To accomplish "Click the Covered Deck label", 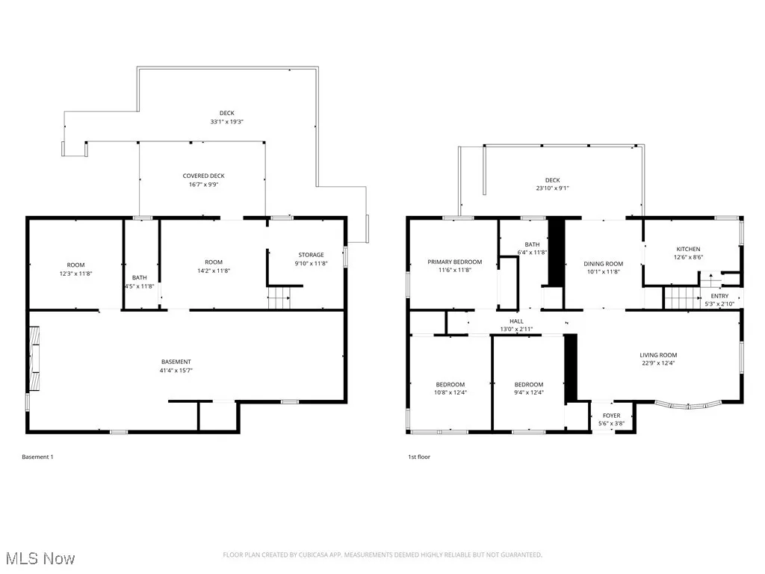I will point(203,176).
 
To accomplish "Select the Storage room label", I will point(311,255).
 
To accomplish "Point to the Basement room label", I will point(176,362).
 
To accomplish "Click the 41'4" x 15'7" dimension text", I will point(176,371).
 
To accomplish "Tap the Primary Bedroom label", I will point(454,262).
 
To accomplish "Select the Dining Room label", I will point(603,264).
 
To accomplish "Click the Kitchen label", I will point(688,249).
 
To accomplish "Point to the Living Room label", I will point(657,355).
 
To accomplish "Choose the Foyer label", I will point(610,416).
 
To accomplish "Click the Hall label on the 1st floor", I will point(516,321).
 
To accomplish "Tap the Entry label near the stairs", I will point(719,296).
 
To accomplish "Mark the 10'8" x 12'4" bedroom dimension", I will point(450,392).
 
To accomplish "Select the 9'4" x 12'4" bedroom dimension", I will point(528,392).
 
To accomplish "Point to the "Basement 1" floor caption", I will point(37,457).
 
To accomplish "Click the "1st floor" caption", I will point(418,457).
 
